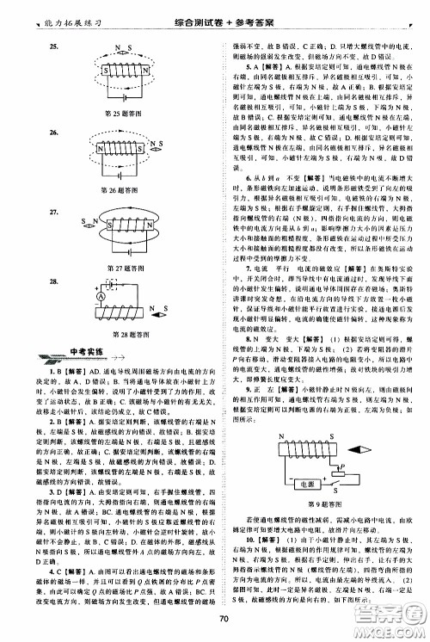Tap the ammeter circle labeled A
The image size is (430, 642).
[x=76, y=320]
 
